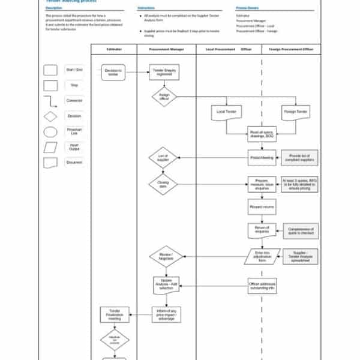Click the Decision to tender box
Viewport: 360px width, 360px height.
pos(113,72)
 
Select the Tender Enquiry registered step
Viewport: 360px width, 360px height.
pos(164,72)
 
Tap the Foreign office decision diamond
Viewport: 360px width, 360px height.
pos(164,97)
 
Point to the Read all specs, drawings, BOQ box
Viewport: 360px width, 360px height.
pos(262,134)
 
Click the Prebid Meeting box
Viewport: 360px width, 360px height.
pos(262,158)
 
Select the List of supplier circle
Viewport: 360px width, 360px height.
pos(164,158)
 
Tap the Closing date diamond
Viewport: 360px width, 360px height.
pos(164,184)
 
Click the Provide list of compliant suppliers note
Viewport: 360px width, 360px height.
pos(300,158)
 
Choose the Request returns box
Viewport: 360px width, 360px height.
pos(262,208)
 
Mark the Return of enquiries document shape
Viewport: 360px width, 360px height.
pos(262,230)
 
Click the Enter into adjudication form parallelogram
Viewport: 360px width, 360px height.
pos(262,256)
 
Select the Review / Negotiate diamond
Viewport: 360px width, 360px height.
pos(166,256)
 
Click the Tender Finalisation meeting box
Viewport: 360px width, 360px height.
pos(115,314)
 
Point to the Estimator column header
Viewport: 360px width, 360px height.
pos(114,49)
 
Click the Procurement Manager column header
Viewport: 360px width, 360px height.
pos(167,49)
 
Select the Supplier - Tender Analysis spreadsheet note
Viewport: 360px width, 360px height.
pos(300,256)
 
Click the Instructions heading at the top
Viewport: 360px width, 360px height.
pos(146,8)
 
